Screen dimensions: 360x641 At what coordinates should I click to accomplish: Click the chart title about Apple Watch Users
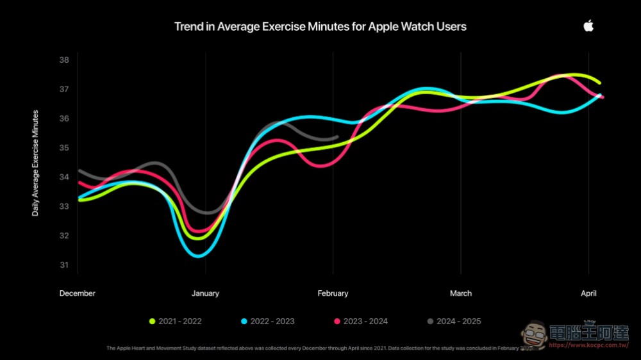(x=320, y=26)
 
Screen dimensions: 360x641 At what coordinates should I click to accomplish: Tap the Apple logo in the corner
(x=588, y=26)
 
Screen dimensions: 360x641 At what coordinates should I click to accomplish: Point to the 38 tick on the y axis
(x=64, y=60)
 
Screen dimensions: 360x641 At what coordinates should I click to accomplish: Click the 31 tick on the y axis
(x=64, y=265)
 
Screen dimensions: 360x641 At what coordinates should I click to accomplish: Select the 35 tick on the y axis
(x=64, y=148)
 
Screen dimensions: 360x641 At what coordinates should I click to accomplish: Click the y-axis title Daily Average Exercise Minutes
(x=35, y=163)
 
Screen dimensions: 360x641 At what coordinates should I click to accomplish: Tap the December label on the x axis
(x=78, y=293)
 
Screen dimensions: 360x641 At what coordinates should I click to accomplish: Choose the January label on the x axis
(x=205, y=293)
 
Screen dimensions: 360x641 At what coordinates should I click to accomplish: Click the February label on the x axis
(x=333, y=293)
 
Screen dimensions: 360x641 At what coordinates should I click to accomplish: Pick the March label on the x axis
(x=460, y=293)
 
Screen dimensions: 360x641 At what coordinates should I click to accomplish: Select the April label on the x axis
(x=588, y=293)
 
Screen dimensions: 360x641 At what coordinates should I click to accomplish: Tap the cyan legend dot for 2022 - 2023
(x=245, y=321)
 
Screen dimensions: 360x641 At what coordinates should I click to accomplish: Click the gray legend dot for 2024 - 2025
(x=431, y=321)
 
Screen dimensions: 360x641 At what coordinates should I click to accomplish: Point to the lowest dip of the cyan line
(x=199, y=256)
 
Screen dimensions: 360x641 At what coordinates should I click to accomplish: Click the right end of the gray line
(x=337, y=137)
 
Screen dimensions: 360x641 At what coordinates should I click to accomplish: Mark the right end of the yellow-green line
(x=599, y=83)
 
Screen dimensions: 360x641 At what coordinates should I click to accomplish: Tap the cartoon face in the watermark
(x=532, y=334)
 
